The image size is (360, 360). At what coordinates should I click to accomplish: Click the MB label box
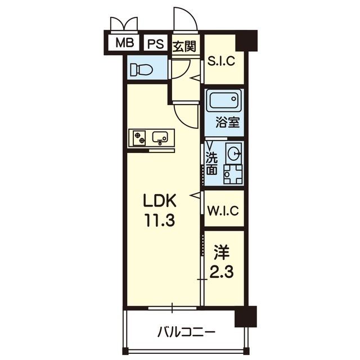124,43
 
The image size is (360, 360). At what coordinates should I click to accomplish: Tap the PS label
155,43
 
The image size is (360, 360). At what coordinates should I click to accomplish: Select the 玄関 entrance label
184,47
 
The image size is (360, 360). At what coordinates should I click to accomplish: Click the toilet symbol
141,70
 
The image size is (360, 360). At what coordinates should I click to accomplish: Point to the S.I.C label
221,61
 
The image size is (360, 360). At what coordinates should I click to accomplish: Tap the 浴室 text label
228,123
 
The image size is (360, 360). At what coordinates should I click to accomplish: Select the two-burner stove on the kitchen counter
139,138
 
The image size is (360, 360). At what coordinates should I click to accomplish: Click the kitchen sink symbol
160,138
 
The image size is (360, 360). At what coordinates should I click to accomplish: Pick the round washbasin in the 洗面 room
234,153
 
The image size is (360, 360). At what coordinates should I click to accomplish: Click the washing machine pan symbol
233,174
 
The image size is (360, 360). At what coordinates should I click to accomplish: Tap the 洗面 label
212,164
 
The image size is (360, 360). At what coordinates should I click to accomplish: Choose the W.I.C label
223,210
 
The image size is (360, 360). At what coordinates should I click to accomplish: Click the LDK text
160,201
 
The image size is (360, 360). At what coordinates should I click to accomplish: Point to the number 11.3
160,220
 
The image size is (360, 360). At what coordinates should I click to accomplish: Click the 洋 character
222,253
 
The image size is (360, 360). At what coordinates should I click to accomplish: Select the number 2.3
222,272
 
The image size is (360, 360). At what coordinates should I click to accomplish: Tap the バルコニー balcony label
186,332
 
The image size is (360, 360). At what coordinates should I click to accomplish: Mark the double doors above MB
124,24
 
